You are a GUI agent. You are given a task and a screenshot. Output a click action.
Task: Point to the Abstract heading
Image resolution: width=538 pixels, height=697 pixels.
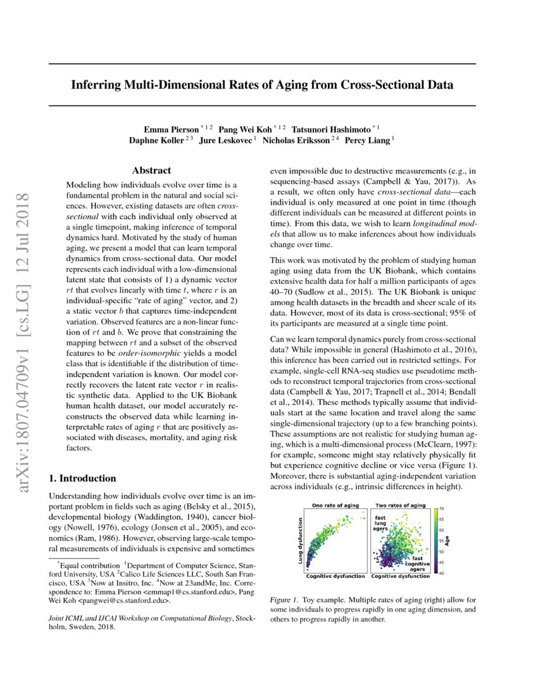151,170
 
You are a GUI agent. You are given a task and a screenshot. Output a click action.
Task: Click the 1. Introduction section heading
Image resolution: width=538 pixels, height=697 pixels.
82,478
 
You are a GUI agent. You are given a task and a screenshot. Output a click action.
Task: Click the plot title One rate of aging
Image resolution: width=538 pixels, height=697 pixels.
335,506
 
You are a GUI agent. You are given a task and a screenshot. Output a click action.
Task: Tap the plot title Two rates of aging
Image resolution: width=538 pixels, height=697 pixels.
400,506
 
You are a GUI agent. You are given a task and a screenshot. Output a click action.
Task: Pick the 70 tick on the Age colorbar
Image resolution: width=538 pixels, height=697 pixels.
441,509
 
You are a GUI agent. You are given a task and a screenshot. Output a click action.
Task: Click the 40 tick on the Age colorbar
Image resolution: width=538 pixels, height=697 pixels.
441,573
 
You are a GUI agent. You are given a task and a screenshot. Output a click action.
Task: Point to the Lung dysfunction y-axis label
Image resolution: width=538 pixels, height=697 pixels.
299,540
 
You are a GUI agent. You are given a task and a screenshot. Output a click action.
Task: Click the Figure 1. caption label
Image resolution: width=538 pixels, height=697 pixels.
283,599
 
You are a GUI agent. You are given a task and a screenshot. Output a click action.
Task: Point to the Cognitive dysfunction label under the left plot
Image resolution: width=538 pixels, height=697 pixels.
335,577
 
